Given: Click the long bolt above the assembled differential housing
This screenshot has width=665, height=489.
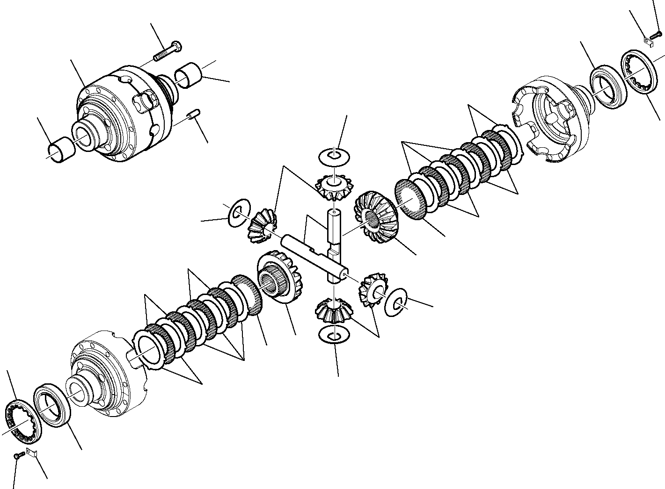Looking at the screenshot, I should pos(168,51).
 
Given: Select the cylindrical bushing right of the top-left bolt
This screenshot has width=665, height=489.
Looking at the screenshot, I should pos(189,76).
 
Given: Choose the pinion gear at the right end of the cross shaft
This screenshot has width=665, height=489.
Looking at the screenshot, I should pos(373,289).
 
